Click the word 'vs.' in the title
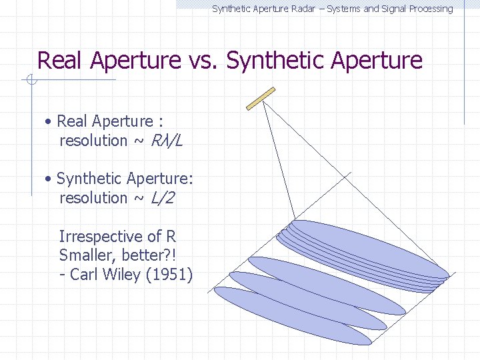pos(203,61)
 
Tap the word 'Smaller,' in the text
pos(87,255)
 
